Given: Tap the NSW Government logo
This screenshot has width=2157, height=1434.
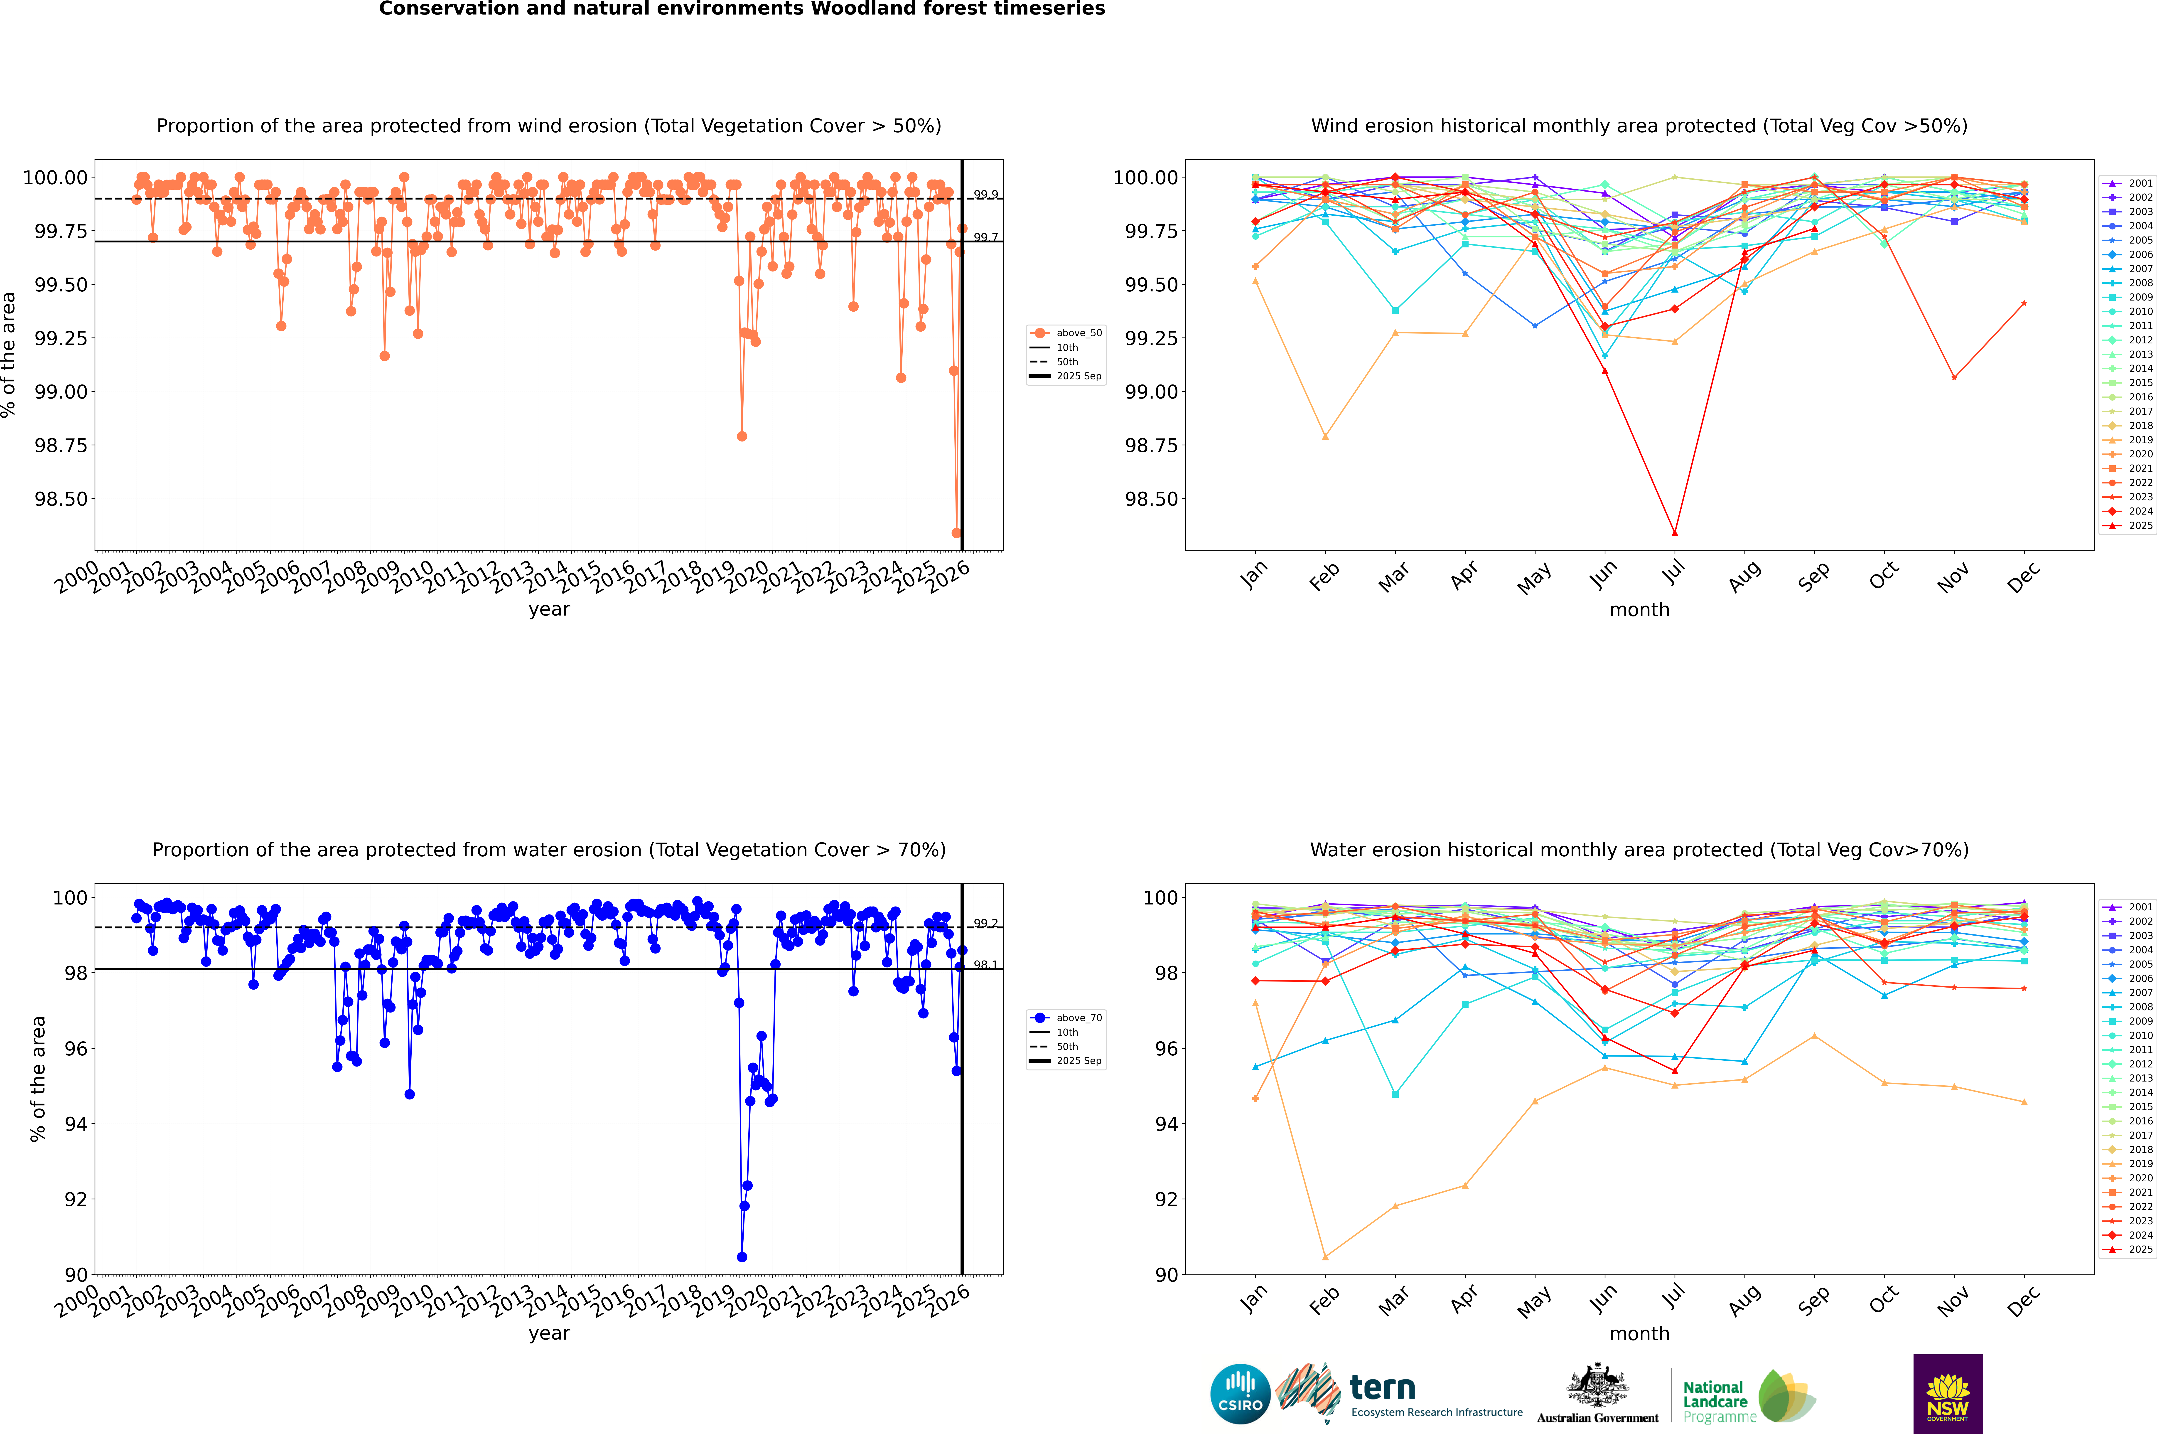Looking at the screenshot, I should [1948, 1393].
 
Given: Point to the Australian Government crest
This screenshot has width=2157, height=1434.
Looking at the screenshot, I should [1597, 1388].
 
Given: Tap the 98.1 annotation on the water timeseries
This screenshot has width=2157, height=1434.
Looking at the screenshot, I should [986, 965].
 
